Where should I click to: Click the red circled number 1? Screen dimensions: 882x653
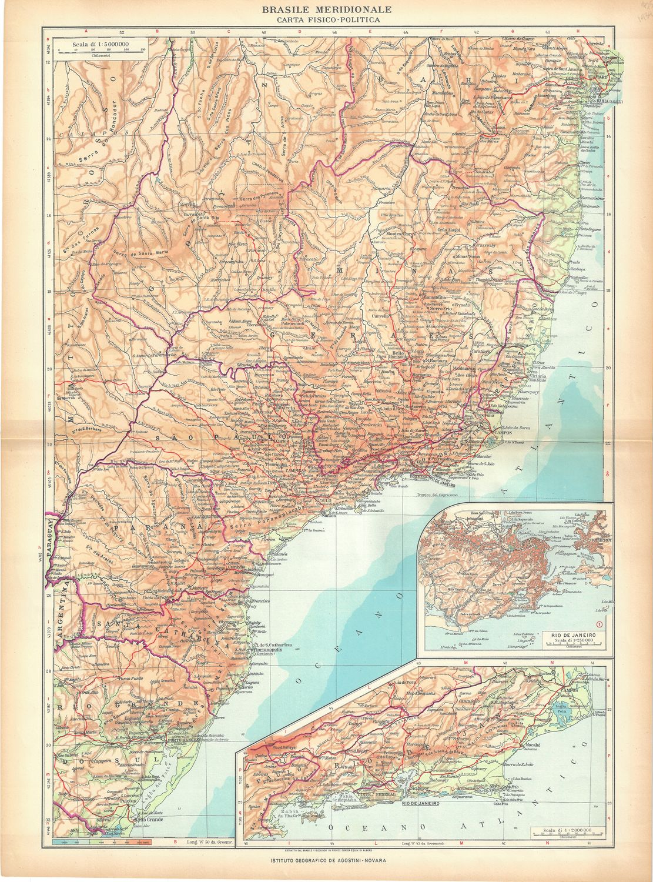pyautogui.click(x=599, y=624)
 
